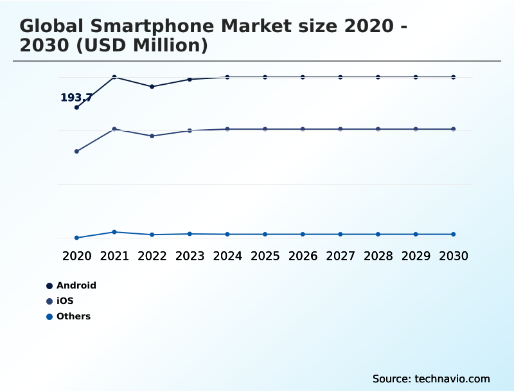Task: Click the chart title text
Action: coord(212,36)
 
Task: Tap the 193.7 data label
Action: coord(76,98)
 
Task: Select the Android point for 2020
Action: coord(76,107)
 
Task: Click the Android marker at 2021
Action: coord(114,77)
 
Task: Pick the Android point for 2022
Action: coord(152,86)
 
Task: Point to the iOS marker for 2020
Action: coord(76,152)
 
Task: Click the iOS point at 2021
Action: coord(114,129)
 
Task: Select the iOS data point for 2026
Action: coord(303,129)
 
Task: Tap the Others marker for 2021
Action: coord(114,232)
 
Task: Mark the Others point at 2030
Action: coord(454,234)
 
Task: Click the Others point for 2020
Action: coord(76,238)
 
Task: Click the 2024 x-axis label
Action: coord(227,256)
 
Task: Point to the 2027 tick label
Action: coord(341,256)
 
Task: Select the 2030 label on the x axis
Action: coord(454,256)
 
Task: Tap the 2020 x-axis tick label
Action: coord(76,256)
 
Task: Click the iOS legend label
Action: coord(65,301)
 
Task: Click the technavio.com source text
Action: coord(431,379)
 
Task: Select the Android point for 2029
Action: coord(416,77)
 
